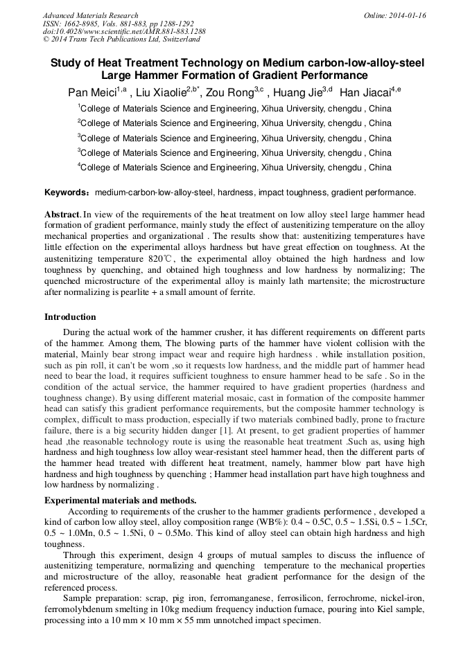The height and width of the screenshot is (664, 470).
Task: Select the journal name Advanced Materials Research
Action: [90, 15]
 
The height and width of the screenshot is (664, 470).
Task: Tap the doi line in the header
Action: [124, 31]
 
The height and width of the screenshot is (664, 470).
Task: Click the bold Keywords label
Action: [67, 192]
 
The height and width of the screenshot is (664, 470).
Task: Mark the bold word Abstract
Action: [62, 215]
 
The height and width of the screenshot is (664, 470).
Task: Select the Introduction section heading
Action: [70, 317]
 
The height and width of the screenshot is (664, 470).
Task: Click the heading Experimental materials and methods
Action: [120, 500]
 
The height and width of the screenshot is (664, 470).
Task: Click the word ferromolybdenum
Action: [78, 609]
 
